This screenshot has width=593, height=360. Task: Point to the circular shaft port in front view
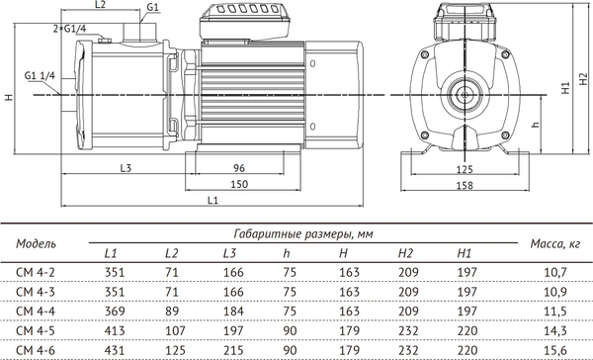pos(464,97)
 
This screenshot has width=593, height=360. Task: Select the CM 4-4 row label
pos(34,311)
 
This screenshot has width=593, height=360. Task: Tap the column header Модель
pos(38,241)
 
